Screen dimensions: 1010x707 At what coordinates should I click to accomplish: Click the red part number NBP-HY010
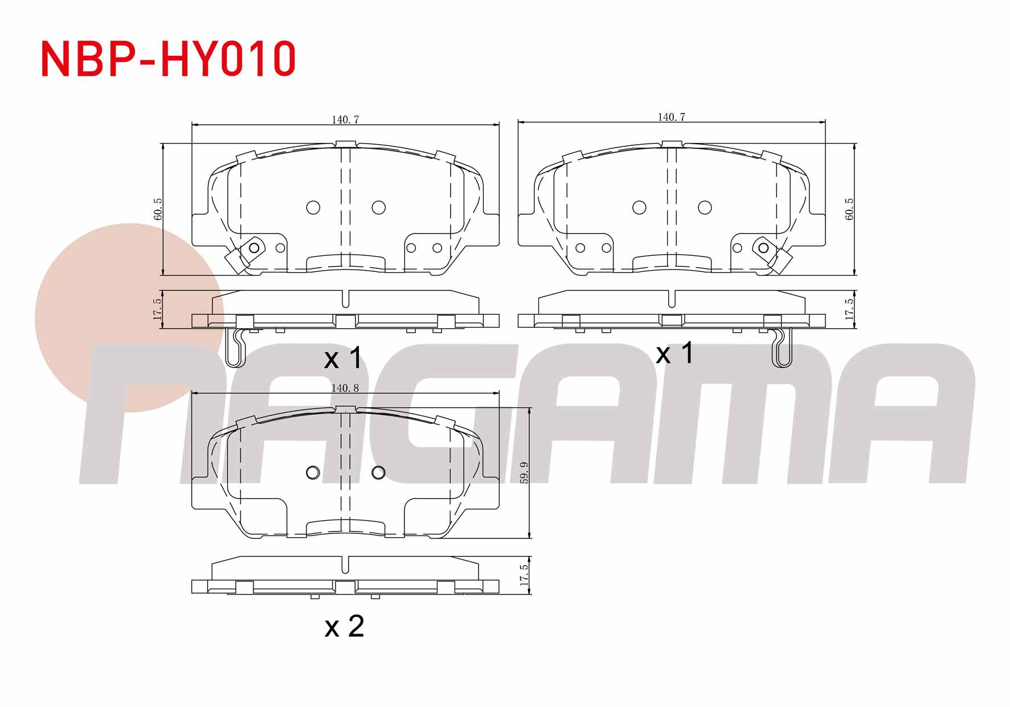point(169,59)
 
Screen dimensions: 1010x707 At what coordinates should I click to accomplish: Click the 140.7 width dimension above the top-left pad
point(345,120)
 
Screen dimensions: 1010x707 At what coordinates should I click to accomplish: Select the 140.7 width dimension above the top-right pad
point(672,117)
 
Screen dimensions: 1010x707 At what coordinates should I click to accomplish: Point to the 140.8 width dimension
point(345,388)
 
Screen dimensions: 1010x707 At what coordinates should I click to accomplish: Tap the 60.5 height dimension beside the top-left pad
point(158,209)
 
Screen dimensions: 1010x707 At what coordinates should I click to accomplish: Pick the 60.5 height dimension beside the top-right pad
point(849,209)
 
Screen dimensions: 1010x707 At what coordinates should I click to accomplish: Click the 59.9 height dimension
point(525,473)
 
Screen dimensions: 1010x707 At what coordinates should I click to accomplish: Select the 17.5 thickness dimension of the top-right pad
point(849,309)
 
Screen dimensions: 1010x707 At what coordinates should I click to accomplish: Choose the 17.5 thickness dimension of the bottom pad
point(525,575)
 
